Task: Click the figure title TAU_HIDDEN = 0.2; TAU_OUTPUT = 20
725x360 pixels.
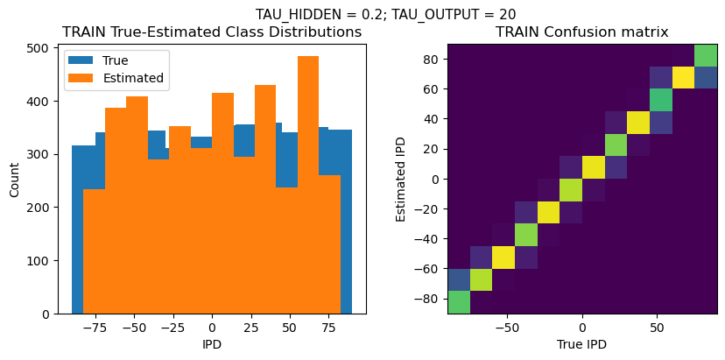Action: click(x=385, y=14)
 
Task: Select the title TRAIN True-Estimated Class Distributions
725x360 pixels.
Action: click(x=212, y=32)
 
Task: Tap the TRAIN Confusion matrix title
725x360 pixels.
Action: click(x=581, y=32)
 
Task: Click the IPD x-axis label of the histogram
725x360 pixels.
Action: click(x=212, y=344)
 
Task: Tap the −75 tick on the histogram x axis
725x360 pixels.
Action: click(x=95, y=325)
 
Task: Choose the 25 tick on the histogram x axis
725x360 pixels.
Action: click(x=250, y=325)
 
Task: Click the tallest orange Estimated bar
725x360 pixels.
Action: click(x=308, y=184)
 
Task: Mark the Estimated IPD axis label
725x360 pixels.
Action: click(x=401, y=180)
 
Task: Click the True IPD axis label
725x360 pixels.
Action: click(x=581, y=344)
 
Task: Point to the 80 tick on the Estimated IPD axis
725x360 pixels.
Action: click(x=433, y=59)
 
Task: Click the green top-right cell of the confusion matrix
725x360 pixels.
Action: click(x=706, y=55)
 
